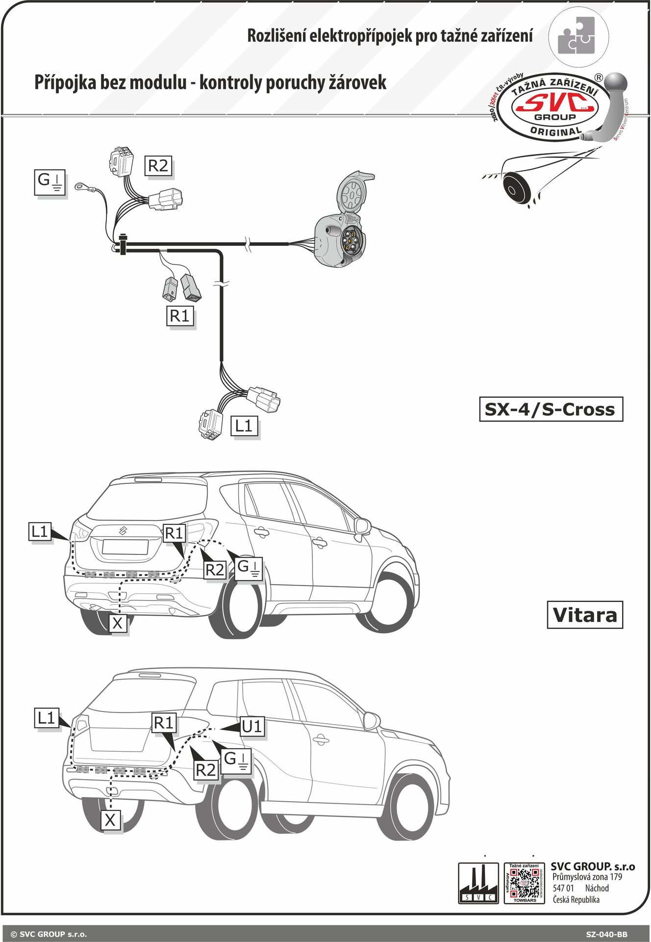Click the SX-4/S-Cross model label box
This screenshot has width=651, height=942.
pyautogui.click(x=551, y=409)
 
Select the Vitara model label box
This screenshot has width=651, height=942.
pyautogui.click(x=584, y=615)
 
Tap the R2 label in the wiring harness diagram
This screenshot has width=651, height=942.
pyautogui.click(x=158, y=166)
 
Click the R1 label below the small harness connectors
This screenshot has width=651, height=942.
pyautogui.click(x=179, y=316)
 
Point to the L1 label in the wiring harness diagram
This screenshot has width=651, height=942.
pyautogui.click(x=244, y=426)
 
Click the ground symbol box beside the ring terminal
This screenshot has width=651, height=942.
pyautogui.click(x=50, y=182)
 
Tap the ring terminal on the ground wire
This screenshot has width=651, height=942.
pyautogui.click(x=79, y=186)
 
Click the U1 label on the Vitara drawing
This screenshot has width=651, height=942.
pyautogui.click(x=252, y=726)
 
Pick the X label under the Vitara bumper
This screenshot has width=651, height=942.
pyautogui.click(x=111, y=820)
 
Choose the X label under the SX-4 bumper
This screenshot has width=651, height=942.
pyautogui.click(x=118, y=623)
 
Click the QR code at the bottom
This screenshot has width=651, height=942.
pyautogui.click(x=524, y=884)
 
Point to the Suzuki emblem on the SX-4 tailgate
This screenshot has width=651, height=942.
pyautogui.click(x=123, y=530)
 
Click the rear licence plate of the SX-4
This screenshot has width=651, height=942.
pyautogui.click(x=125, y=547)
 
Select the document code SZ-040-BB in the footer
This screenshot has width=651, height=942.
pyautogui.click(x=606, y=934)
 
